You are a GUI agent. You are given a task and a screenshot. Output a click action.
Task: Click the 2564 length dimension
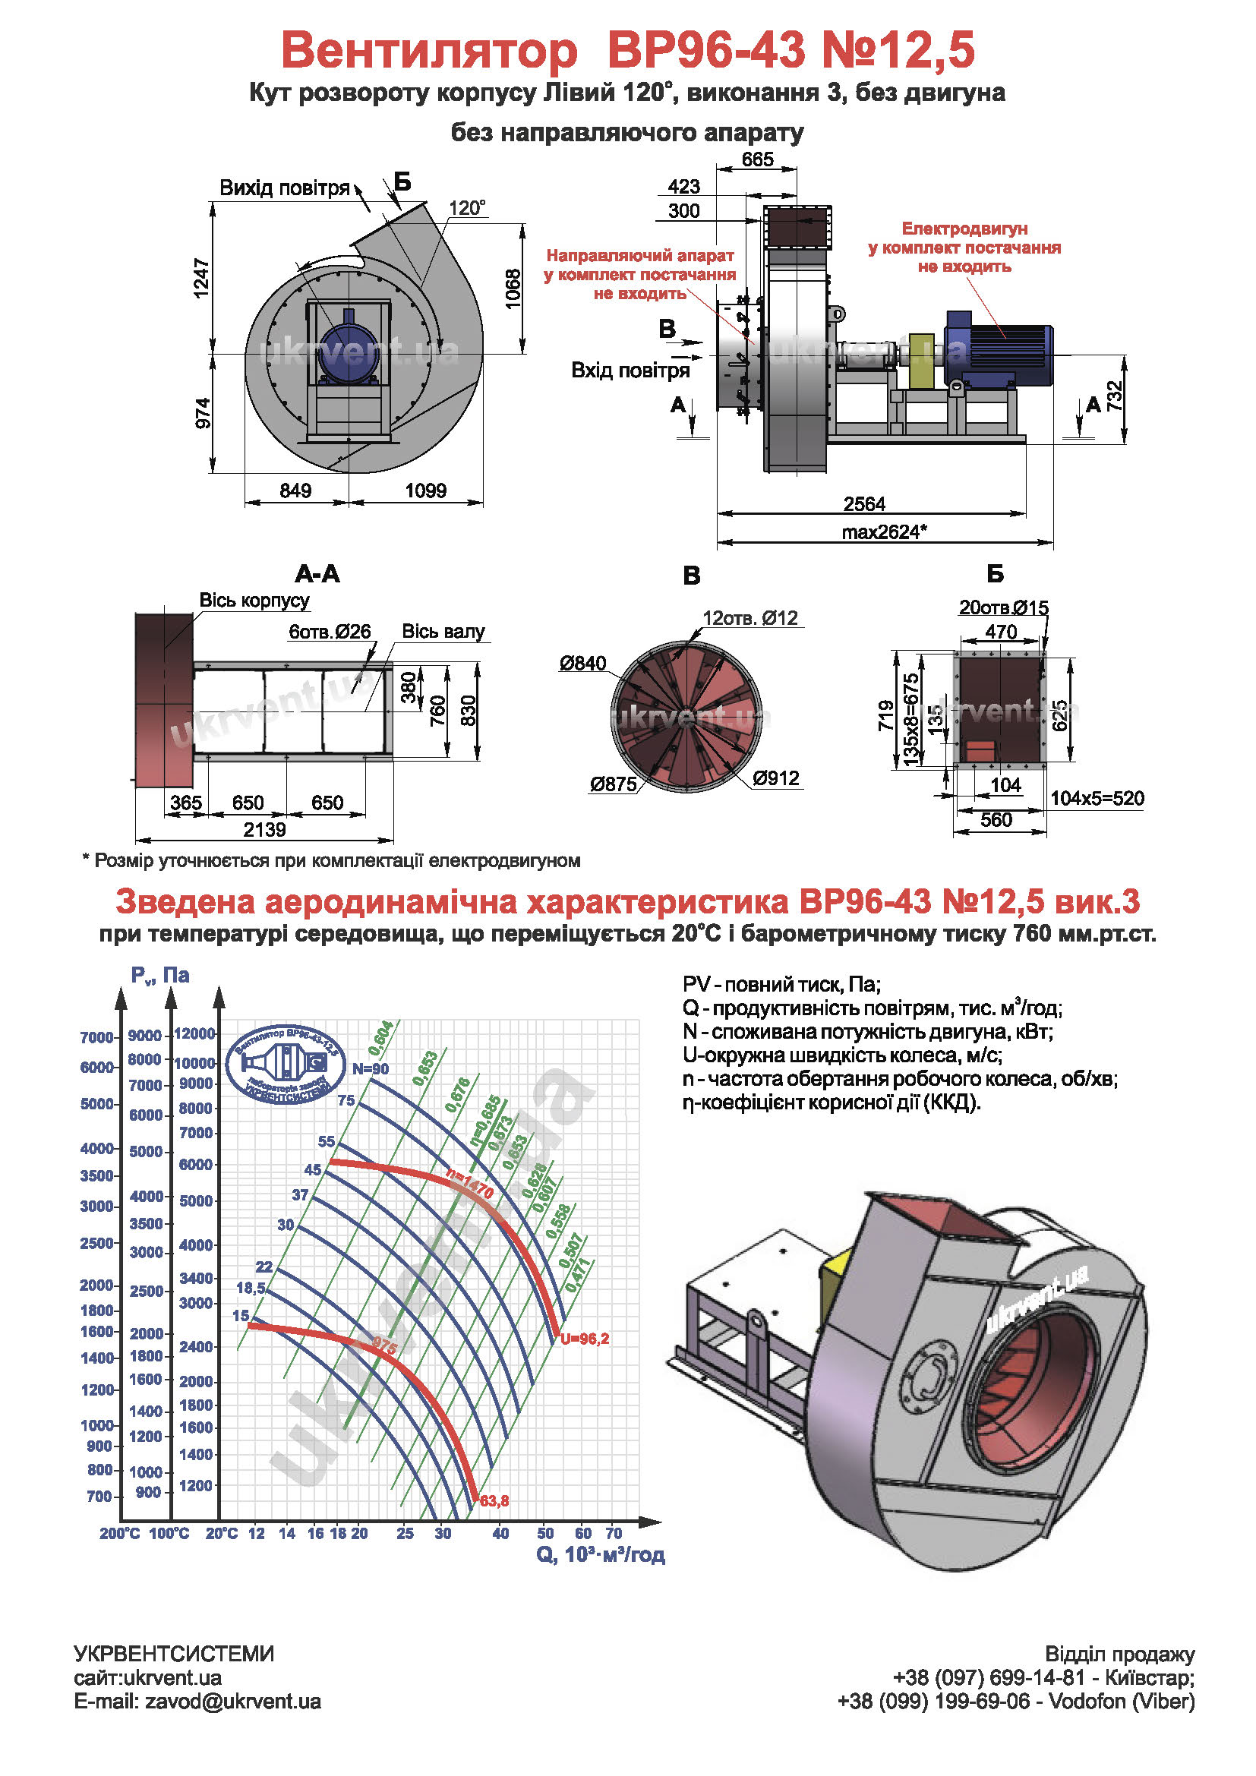(x=864, y=503)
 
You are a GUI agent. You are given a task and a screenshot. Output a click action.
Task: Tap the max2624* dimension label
(x=884, y=532)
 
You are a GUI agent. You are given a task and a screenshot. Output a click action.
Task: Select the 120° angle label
(x=467, y=208)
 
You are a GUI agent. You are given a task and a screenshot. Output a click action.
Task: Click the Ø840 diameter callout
(x=582, y=663)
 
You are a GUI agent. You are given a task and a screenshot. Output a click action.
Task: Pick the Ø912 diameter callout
(x=776, y=778)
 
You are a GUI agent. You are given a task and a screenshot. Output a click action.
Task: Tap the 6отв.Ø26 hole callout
(x=330, y=631)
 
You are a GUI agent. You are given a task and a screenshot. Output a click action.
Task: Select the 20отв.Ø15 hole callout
(x=1003, y=607)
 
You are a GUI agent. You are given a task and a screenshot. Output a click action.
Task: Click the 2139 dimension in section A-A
(x=264, y=830)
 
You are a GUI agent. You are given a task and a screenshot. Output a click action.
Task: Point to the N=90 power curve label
(x=371, y=1069)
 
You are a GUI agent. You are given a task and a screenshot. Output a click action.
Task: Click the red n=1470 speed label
(x=469, y=1183)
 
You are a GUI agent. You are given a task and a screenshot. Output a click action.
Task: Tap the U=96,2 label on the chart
(x=585, y=1339)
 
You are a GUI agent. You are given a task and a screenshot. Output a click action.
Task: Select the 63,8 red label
(x=494, y=1501)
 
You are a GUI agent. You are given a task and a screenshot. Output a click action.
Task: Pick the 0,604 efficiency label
(x=380, y=1036)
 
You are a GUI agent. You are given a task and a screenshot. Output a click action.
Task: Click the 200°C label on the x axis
(x=120, y=1533)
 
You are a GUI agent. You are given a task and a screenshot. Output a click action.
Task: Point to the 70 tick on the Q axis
(x=614, y=1533)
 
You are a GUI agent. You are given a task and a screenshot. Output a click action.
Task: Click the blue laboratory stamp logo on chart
(x=286, y=1065)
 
